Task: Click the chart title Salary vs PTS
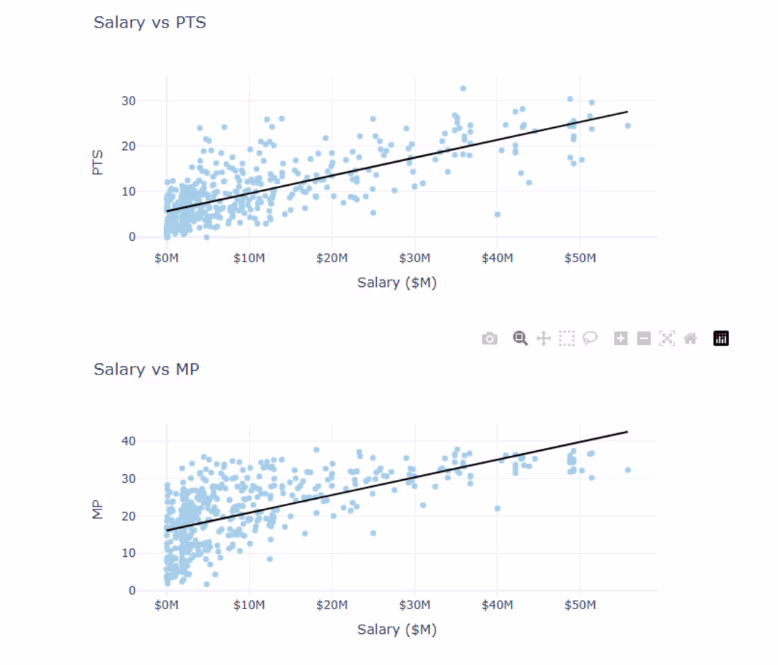(150, 23)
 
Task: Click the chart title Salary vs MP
(146, 369)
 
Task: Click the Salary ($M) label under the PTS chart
(396, 283)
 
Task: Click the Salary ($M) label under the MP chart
(396, 629)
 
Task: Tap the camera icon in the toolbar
(489, 339)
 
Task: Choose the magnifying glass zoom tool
(521, 339)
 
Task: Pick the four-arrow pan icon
(543, 339)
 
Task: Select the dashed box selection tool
(567, 339)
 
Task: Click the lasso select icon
(590, 339)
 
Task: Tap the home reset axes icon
(690, 339)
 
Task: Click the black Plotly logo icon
(721, 339)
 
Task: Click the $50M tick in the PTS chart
(579, 259)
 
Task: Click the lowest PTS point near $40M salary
(497, 214)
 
